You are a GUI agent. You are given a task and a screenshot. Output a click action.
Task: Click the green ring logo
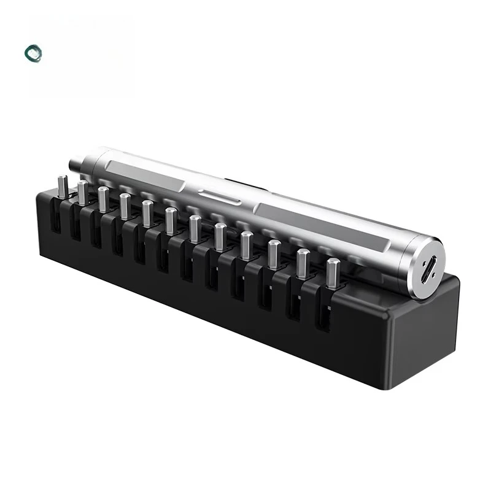pyautogui.click(x=33, y=53)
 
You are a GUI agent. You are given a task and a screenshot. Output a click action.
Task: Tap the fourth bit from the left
pyautogui.click(x=125, y=206)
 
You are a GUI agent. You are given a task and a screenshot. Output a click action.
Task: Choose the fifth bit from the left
pyautogui.click(x=147, y=212)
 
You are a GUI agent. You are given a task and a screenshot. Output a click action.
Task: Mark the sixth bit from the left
pyautogui.click(x=170, y=220)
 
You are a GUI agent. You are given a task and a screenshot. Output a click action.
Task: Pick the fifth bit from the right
pyautogui.click(x=219, y=236)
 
